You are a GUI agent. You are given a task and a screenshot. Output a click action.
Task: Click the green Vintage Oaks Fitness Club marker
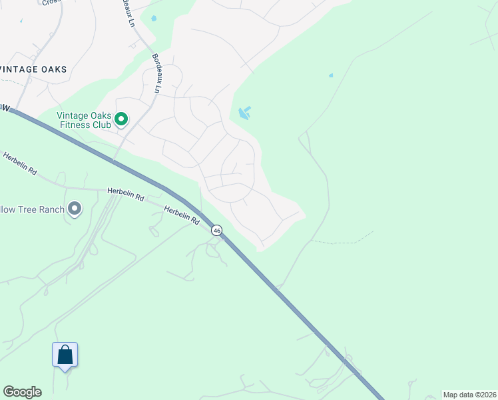(x=121, y=119)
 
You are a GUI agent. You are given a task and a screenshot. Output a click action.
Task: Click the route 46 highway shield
(x=217, y=230)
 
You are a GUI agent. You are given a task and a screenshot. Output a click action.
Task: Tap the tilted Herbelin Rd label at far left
(x=19, y=163)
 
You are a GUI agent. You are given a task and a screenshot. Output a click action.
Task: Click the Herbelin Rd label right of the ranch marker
(x=126, y=193)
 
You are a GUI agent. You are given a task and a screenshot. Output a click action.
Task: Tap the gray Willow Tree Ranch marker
(x=75, y=209)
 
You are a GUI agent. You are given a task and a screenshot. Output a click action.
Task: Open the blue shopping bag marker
(x=65, y=354)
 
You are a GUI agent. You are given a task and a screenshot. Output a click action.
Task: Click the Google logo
(x=22, y=392)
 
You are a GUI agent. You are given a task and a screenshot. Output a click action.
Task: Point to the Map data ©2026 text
(x=469, y=395)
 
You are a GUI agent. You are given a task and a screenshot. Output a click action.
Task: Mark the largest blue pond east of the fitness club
(x=244, y=113)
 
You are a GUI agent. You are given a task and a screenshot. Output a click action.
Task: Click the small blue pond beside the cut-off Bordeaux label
(x=154, y=18)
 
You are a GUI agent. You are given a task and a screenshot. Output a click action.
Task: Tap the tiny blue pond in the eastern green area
(x=331, y=75)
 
